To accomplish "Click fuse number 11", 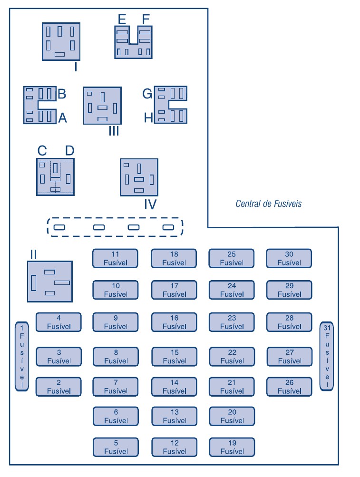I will [115, 258].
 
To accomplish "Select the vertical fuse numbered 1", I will [22, 356].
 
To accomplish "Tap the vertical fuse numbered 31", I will [326, 356].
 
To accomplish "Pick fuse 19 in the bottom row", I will [232, 447].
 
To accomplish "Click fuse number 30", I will [289, 258].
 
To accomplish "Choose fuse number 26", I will [289, 387].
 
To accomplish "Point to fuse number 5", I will [115, 447].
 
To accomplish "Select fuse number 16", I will [174, 322].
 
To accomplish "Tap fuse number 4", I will [58, 322].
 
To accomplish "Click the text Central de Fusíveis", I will [268, 204].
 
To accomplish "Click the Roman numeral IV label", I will [150, 204].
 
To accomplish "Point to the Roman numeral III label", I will [113, 131].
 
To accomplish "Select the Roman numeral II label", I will [33, 254].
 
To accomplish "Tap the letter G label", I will [147, 94].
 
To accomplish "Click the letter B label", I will [62, 94].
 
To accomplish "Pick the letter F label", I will [146, 19].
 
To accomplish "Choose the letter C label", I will [42, 151].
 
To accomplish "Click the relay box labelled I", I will [61, 41].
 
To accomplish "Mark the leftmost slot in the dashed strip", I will [59, 227].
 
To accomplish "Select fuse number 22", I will [232, 357].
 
